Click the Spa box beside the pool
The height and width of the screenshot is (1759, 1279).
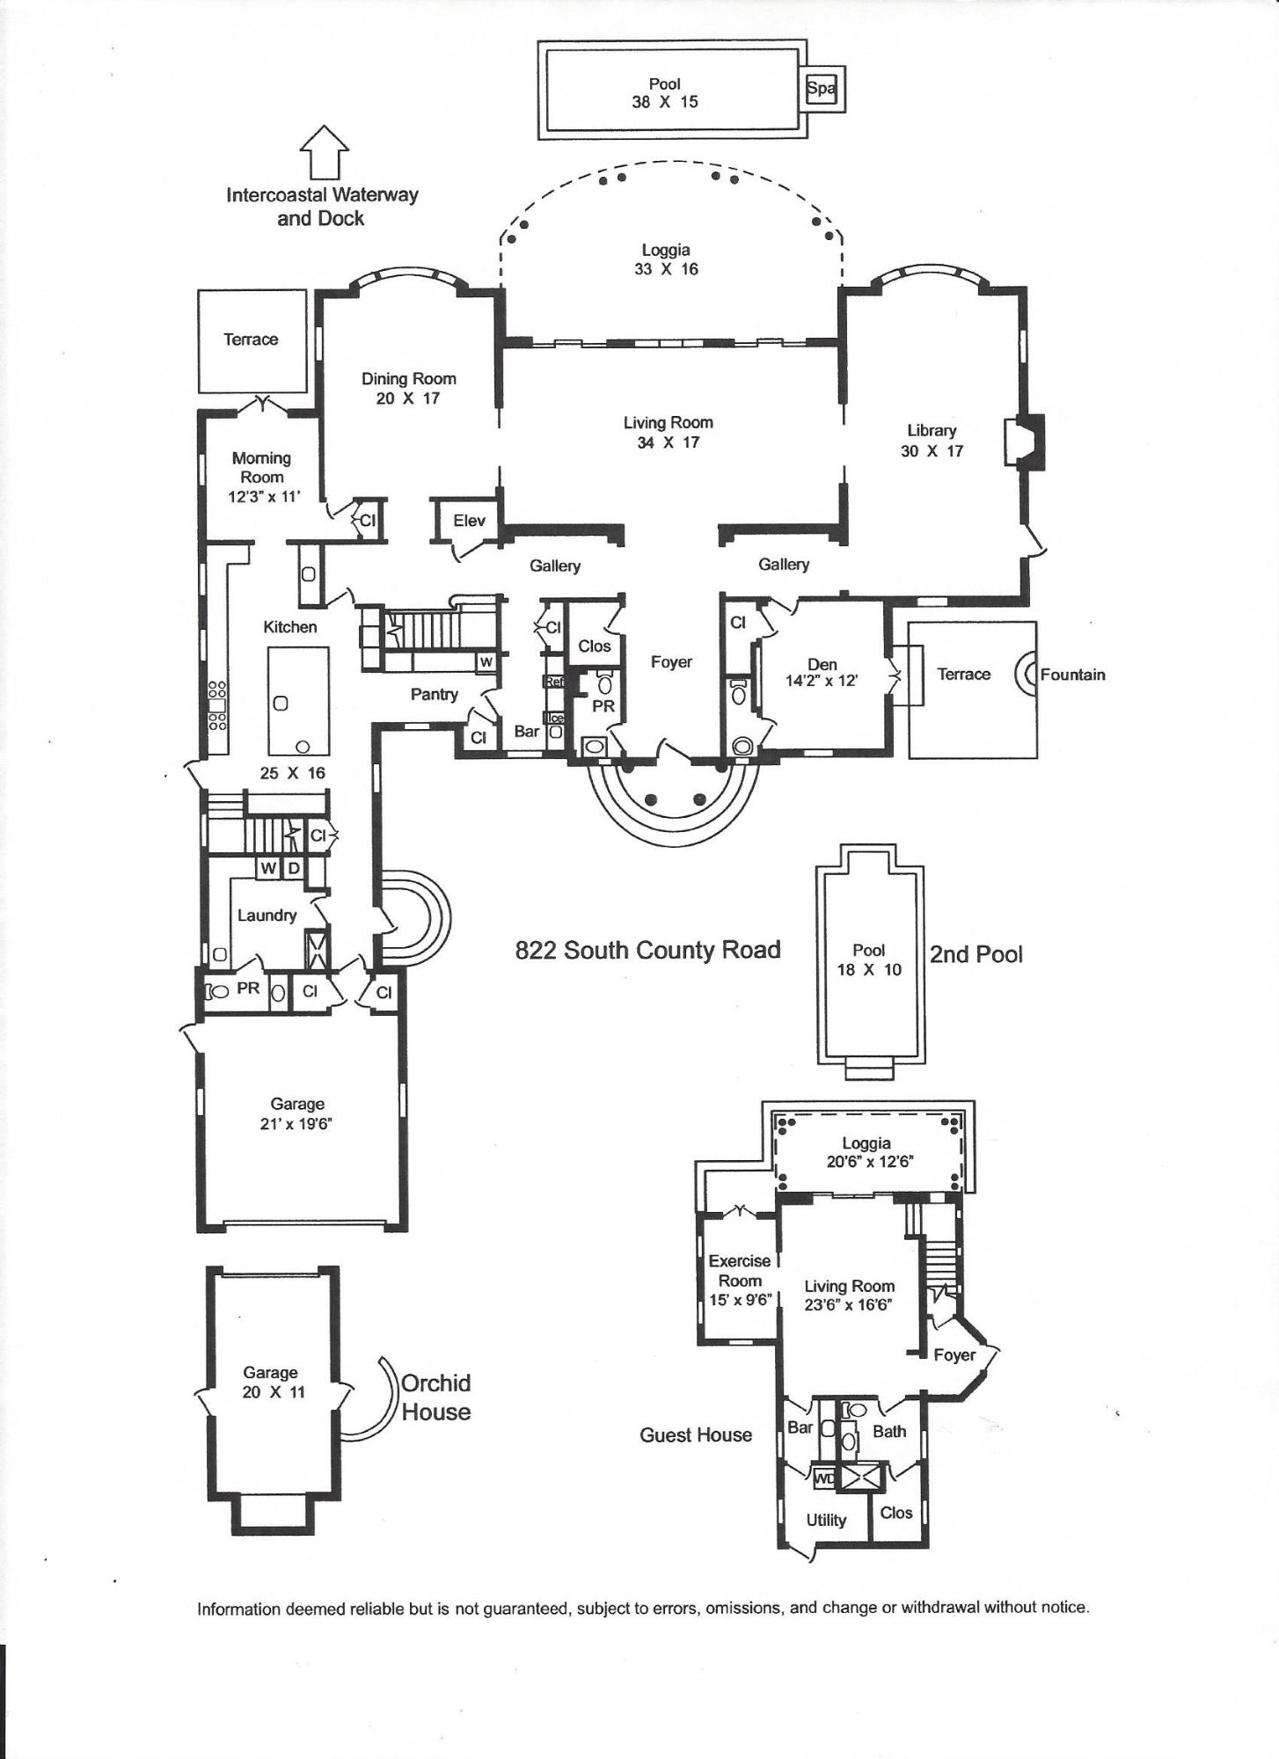point(822,89)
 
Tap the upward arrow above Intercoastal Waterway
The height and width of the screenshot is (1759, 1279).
point(325,151)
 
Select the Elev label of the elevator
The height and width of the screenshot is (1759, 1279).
point(469,521)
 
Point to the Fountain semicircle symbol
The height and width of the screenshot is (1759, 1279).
point(1026,675)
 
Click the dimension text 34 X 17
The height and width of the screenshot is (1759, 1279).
point(668,442)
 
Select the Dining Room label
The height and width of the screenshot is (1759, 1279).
point(408,379)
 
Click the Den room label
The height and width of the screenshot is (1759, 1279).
point(822,664)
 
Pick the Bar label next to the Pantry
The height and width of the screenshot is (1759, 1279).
point(526,731)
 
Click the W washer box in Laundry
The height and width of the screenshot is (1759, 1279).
point(268,868)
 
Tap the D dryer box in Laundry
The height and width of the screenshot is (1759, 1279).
point(294,868)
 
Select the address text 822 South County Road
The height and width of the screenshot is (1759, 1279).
point(647,950)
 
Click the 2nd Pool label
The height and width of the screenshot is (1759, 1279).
point(976,954)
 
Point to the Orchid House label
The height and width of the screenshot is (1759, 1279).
point(435,1397)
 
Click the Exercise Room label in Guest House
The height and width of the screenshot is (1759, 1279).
point(739,1270)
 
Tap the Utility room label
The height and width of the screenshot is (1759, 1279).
point(826,1520)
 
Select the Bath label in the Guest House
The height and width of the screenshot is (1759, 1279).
point(888,1431)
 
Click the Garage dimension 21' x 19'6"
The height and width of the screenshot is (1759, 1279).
point(296,1123)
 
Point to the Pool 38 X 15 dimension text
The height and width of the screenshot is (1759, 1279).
point(664,102)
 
